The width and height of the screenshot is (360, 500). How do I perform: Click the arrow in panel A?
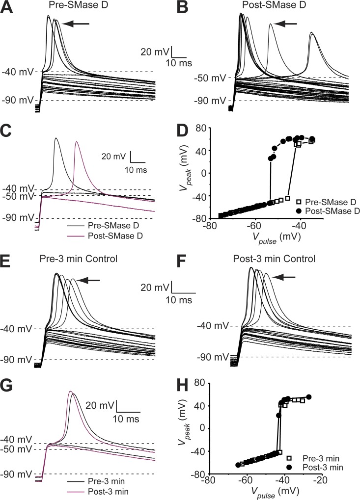pyautogui.click(x=76, y=23)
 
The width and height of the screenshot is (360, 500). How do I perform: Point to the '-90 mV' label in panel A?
pyautogui.click(x=17, y=101)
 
